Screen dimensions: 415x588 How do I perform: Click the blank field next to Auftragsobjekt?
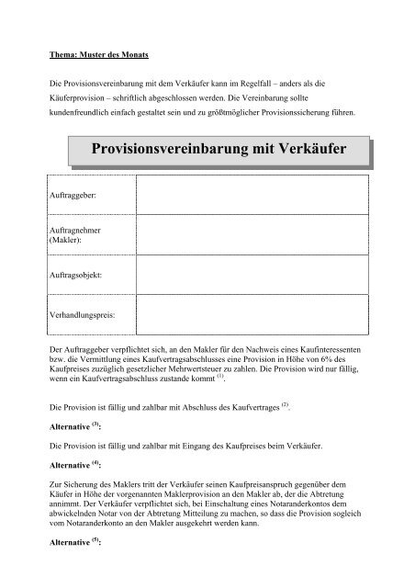(x=253, y=274)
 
